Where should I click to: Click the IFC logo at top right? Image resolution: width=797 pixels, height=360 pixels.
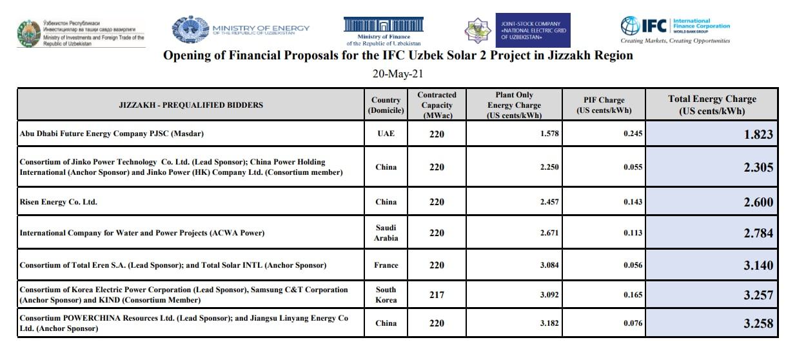(x=675, y=27)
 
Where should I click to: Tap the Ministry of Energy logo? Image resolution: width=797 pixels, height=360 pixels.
(x=241, y=29)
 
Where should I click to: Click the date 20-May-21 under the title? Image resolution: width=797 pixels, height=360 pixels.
(x=398, y=74)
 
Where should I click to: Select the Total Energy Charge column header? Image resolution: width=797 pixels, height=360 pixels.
(x=712, y=105)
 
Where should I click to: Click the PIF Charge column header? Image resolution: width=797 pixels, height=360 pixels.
(x=603, y=105)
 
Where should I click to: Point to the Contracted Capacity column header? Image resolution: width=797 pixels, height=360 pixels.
(x=437, y=105)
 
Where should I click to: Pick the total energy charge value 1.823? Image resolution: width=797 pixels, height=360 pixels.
(x=758, y=135)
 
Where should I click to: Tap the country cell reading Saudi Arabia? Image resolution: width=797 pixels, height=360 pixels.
(x=386, y=233)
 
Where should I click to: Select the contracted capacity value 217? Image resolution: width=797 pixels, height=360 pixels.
(x=437, y=295)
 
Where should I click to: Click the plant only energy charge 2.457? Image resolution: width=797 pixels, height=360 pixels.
(x=549, y=202)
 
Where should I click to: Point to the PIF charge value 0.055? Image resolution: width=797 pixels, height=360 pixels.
(x=633, y=167)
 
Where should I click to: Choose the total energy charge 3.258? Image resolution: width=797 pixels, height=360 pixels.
(x=758, y=323)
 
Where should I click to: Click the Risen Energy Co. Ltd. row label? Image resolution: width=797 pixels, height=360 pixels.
(x=59, y=202)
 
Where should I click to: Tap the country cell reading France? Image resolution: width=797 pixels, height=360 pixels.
(x=386, y=265)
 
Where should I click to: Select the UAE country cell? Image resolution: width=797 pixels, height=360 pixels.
(x=386, y=134)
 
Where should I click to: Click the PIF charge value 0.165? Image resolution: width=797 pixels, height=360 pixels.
(x=633, y=295)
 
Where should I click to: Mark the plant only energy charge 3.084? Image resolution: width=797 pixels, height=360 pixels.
(x=549, y=265)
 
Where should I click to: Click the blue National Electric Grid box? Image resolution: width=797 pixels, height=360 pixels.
(x=533, y=30)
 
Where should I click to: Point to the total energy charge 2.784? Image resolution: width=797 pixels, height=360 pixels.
(x=758, y=233)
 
